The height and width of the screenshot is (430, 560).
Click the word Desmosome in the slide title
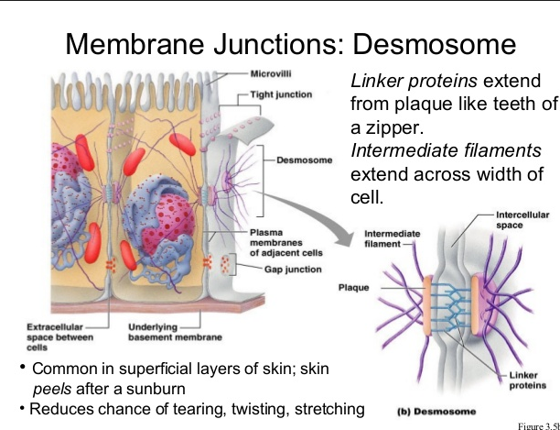[435, 43]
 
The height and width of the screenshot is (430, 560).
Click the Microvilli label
[271, 72]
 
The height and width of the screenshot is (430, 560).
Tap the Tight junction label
[282, 94]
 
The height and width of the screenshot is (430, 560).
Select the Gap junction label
[293, 270]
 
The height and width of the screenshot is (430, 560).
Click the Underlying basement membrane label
[174, 333]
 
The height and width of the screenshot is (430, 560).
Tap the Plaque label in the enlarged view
[353, 287]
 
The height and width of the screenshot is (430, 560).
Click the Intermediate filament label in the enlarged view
[391, 237]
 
